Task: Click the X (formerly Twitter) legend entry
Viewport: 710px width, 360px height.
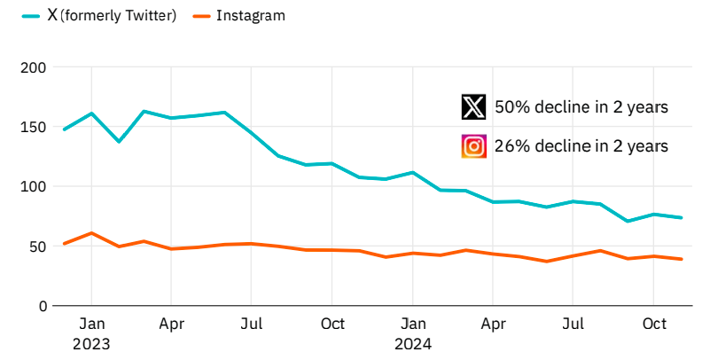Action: tap(100, 16)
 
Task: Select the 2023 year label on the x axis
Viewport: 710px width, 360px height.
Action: tap(91, 341)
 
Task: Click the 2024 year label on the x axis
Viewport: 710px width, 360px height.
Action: tap(413, 341)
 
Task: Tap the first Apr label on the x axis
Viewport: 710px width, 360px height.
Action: tap(172, 324)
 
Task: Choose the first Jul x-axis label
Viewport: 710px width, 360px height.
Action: tap(252, 324)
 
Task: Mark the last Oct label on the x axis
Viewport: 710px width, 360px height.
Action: tap(653, 324)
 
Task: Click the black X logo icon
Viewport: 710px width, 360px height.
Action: tap(474, 107)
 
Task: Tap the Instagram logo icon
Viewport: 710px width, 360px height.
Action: tap(474, 145)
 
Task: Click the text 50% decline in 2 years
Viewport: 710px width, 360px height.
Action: tap(581, 107)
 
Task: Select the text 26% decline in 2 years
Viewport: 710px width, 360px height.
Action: tap(581, 145)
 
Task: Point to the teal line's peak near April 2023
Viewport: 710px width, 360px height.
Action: tap(144, 112)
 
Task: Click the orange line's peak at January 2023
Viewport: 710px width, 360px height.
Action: tap(91, 233)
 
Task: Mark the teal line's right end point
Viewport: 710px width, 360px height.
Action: tap(681, 217)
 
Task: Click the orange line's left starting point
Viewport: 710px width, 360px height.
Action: tap(65, 243)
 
